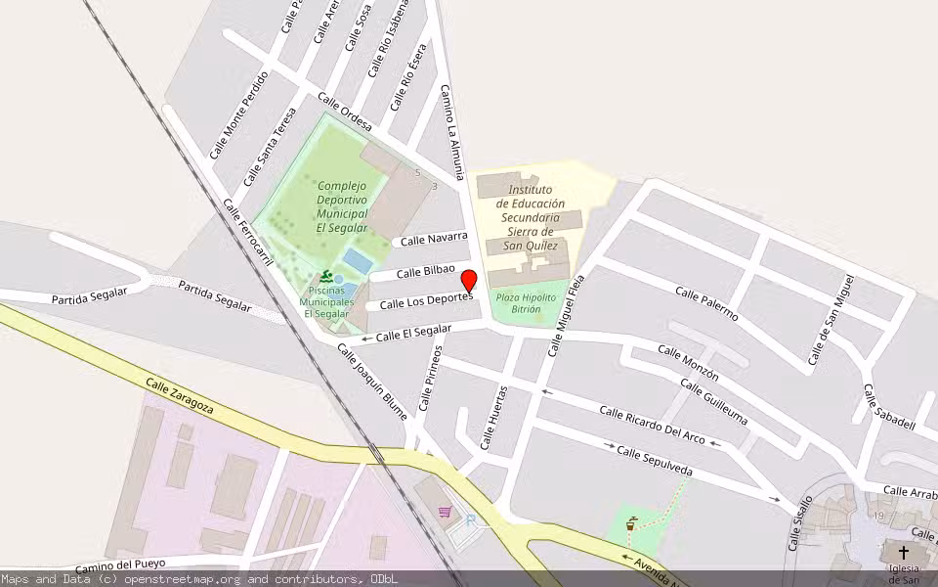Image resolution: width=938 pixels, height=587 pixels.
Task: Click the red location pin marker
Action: click(x=468, y=280)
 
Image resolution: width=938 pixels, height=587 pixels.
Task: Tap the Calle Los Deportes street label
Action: click(x=425, y=302)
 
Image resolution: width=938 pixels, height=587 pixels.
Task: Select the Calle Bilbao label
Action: click(x=426, y=270)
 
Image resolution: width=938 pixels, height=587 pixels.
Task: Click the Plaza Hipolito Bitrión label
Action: click(x=526, y=302)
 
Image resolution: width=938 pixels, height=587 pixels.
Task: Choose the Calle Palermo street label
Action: click(x=706, y=304)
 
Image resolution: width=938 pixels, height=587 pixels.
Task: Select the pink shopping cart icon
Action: click(x=446, y=511)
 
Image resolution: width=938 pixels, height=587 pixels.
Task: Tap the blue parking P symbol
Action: click(x=471, y=521)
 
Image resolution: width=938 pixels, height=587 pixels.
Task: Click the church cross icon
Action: click(x=903, y=552)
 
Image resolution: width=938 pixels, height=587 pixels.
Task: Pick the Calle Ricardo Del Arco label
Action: click(x=652, y=426)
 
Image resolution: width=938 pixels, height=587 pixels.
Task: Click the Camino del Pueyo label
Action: click(x=121, y=564)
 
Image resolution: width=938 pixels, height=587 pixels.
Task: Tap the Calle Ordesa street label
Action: click(x=345, y=112)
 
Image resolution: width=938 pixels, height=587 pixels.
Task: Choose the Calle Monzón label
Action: click(x=688, y=363)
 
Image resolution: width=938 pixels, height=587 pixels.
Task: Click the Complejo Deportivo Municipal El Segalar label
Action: click(x=341, y=206)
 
